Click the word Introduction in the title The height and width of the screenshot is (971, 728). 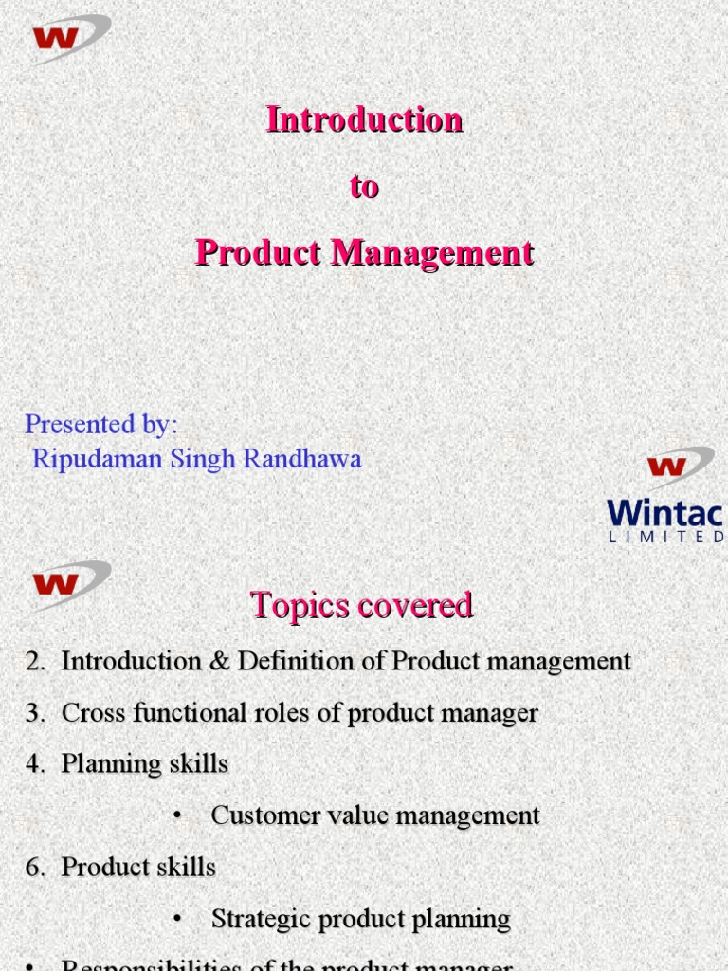click(364, 120)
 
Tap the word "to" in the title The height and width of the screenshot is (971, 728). click(364, 187)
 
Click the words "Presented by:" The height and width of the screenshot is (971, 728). click(101, 424)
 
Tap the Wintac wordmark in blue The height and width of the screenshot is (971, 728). click(664, 514)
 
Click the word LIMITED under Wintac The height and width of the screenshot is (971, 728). click(666, 537)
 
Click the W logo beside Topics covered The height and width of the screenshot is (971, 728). click(69, 579)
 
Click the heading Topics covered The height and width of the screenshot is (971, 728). click(361, 605)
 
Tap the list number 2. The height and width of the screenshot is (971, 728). click(34, 662)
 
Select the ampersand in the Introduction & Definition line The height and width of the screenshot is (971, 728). click(218, 662)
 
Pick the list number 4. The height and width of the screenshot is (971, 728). click(34, 764)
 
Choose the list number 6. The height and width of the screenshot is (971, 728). click(34, 867)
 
